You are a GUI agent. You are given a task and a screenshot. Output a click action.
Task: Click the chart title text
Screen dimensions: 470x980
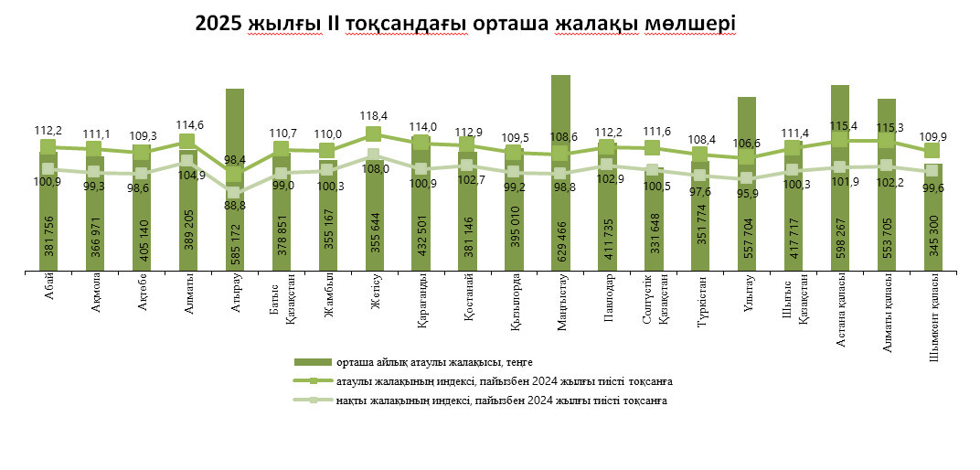465,24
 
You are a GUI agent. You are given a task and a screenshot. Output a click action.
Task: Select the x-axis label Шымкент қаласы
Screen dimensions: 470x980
932,305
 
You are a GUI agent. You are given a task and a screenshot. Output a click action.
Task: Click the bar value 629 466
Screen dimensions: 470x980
560,240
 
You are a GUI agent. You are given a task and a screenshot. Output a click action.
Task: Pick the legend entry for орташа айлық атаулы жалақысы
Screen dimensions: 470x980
433,363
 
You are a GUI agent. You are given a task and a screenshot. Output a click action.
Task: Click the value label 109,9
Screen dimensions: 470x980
932,136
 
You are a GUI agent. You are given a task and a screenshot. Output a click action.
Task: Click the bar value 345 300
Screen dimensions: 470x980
932,240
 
